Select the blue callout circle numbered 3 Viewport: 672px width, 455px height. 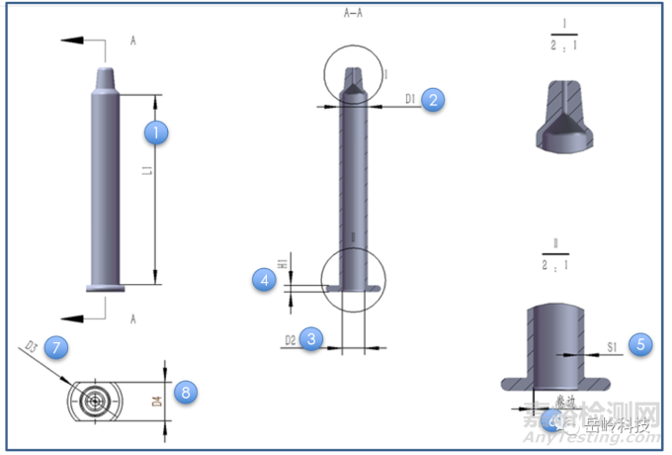pyautogui.click(x=312, y=338)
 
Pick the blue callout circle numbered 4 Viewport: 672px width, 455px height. pyautogui.click(x=264, y=281)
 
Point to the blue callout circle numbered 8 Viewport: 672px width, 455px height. pyautogui.click(x=184, y=392)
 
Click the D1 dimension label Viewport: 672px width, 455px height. pyautogui.click(x=409, y=99)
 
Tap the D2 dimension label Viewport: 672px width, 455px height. pyautogui.click(x=291, y=340)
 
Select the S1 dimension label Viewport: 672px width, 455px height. pyautogui.click(x=613, y=345)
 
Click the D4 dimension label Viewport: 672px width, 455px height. pyautogui.click(x=155, y=402)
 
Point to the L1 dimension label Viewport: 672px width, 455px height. pyautogui.click(x=146, y=173)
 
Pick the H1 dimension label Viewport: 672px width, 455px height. pyautogui.click(x=282, y=264)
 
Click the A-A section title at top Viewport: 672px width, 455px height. pyautogui.click(x=352, y=14)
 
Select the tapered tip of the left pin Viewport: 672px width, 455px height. pyautogui.click(x=106, y=76)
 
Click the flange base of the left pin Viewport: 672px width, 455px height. pyautogui.click(x=106, y=288)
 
